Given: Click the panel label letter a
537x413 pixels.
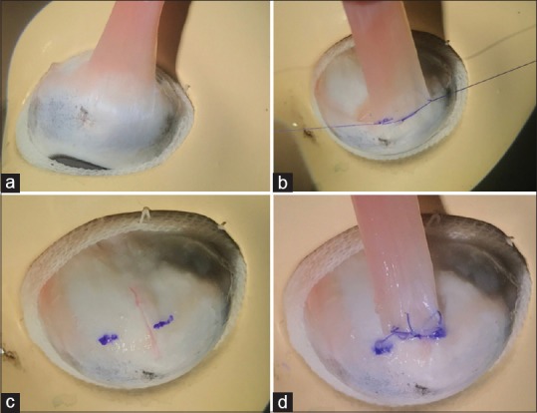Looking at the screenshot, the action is (10, 183).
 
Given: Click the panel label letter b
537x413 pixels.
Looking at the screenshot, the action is (283, 183).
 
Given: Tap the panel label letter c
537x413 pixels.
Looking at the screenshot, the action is (10, 402).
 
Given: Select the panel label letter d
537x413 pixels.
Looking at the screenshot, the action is (283, 402).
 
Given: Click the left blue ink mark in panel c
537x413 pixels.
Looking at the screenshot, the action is (108, 339).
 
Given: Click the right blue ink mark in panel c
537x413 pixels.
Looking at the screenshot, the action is (163, 322).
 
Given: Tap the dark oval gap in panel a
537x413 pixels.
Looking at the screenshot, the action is (79, 163).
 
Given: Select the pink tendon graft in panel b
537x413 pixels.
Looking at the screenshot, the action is (386, 58).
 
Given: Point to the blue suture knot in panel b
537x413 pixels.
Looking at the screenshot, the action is (386, 121).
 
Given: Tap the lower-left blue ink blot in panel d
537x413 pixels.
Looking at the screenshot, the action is (381, 347).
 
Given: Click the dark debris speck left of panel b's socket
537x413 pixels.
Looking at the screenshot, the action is (310, 133).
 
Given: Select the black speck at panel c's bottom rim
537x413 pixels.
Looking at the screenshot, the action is (149, 374).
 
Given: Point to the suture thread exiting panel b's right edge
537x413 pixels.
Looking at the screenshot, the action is (493, 79).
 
